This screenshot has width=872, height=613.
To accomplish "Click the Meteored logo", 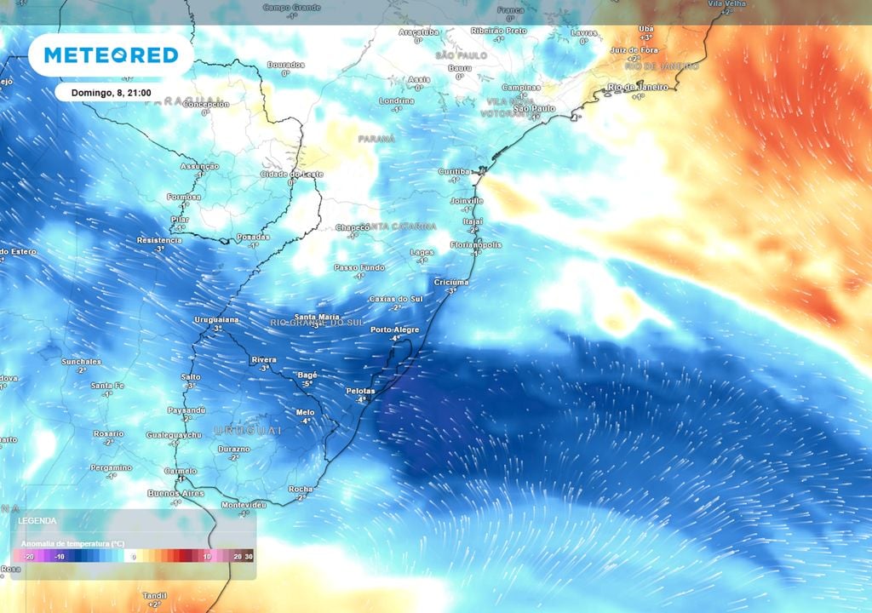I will point(111,55).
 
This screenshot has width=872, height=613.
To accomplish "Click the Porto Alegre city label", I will point(392,329).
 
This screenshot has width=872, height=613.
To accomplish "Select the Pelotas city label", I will point(360,391).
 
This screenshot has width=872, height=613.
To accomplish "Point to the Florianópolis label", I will point(475,245).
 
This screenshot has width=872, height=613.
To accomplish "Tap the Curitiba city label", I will point(454,171).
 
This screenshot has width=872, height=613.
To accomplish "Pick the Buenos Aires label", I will point(175,494).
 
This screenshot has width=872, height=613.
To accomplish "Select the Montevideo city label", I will point(244,505).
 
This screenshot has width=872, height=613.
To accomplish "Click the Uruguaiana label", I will point(216,319).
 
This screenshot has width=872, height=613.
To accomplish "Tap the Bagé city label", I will point(307,375).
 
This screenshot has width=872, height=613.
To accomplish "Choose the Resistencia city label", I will point(159,240).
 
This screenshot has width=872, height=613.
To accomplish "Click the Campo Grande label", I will point(291,7).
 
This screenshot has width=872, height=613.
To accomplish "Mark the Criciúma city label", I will point(451,282).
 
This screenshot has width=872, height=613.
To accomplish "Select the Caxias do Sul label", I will point(396,299).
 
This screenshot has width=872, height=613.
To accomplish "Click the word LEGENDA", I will point(37,520).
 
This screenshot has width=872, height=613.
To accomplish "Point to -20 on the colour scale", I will point(29,556).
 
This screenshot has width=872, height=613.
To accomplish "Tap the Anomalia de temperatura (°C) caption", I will point(72,542).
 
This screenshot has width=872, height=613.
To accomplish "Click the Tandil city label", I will point(154,595).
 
